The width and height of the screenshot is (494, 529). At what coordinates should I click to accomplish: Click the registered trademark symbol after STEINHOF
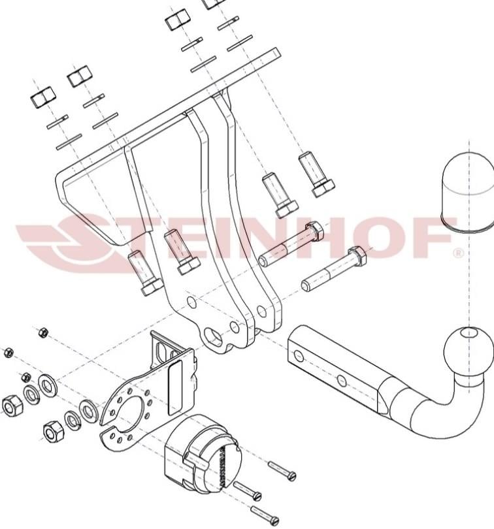(x=458, y=253)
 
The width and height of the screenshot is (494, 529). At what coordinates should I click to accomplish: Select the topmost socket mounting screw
(x=282, y=470)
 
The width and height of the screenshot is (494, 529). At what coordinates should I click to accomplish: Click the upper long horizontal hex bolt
(x=291, y=244)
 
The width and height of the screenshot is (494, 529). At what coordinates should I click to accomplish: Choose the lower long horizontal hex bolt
(x=334, y=269)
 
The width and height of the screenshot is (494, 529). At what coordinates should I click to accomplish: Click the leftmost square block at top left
(x=43, y=97)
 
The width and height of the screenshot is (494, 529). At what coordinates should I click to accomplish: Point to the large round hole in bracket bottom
(x=214, y=336)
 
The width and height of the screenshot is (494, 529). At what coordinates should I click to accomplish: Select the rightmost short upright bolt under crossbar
(x=316, y=175)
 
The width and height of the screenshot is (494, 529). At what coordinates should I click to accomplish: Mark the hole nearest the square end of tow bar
(x=298, y=355)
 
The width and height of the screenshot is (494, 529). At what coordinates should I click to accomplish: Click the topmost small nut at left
(x=43, y=332)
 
